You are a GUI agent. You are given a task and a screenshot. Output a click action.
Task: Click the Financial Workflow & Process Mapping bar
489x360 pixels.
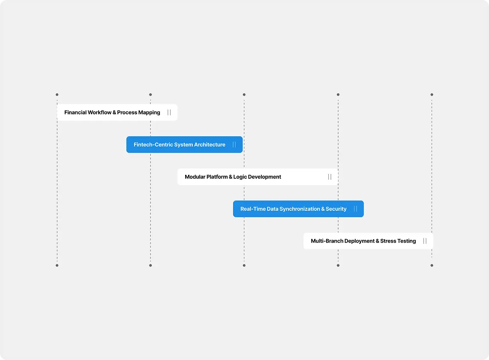(117, 112)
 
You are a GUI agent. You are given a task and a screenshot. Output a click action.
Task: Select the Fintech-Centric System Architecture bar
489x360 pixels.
(184, 144)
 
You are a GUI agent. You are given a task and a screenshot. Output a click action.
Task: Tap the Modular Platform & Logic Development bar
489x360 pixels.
(258, 177)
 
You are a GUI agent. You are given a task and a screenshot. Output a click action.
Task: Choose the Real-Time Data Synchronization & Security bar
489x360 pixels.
(298, 209)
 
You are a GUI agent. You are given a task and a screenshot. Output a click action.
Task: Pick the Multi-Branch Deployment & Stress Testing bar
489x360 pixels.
(368, 241)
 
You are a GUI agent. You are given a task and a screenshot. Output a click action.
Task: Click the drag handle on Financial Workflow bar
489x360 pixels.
(169, 112)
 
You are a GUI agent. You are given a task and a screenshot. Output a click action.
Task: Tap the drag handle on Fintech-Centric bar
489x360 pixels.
(234, 144)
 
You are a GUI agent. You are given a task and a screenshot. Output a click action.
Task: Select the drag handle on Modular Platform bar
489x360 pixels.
(330, 177)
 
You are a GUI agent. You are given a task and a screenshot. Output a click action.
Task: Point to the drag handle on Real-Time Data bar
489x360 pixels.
(356, 209)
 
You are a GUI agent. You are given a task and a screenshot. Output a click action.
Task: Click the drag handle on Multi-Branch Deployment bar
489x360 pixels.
(425, 241)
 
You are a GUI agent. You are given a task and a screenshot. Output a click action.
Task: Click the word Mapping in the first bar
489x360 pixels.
(150, 113)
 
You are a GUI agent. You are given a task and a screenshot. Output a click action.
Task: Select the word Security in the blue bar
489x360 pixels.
(336, 209)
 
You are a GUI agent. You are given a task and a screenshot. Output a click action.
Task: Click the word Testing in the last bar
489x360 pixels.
(407, 241)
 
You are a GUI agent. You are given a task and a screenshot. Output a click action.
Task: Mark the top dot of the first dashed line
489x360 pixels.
(57, 95)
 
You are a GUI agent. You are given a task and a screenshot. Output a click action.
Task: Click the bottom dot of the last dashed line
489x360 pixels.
(432, 265)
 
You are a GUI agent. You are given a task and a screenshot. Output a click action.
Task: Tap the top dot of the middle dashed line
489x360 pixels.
(244, 95)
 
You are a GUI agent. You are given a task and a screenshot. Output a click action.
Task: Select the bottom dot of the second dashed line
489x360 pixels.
(150, 265)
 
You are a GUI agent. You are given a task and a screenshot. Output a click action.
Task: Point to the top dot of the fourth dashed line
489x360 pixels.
(338, 95)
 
